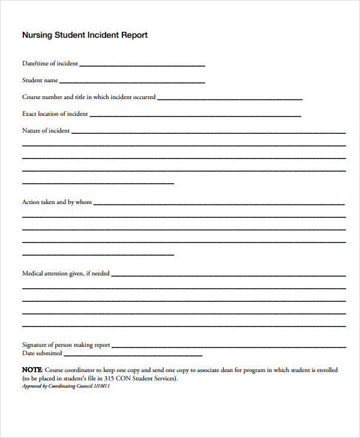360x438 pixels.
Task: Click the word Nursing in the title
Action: (x=38, y=35)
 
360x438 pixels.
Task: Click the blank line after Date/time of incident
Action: (x=142, y=65)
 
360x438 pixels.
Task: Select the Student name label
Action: (x=40, y=80)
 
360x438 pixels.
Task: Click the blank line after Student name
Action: (x=132, y=82)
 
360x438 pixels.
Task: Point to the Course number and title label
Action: (x=89, y=97)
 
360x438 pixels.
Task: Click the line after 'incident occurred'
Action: (x=229, y=98)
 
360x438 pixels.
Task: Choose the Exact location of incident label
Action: (x=55, y=113)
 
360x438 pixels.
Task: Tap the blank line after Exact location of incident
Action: (x=195, y=115)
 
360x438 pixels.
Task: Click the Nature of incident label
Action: (x=46, y=130)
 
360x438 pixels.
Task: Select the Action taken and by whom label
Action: (x=57, y=202)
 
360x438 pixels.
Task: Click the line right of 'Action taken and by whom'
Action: (x=219, y=204)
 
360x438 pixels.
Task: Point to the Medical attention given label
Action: (x=66, y=274)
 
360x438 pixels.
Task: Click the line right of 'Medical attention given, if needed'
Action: (x=228, y=275)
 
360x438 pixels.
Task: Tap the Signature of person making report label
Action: (x=66, y=345)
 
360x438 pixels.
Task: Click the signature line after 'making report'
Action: (x=229, y=347)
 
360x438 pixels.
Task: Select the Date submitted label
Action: (x=42, y=353)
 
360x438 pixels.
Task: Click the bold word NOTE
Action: (x=32, y=370)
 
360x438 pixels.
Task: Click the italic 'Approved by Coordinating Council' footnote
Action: (x=66, y=386)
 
